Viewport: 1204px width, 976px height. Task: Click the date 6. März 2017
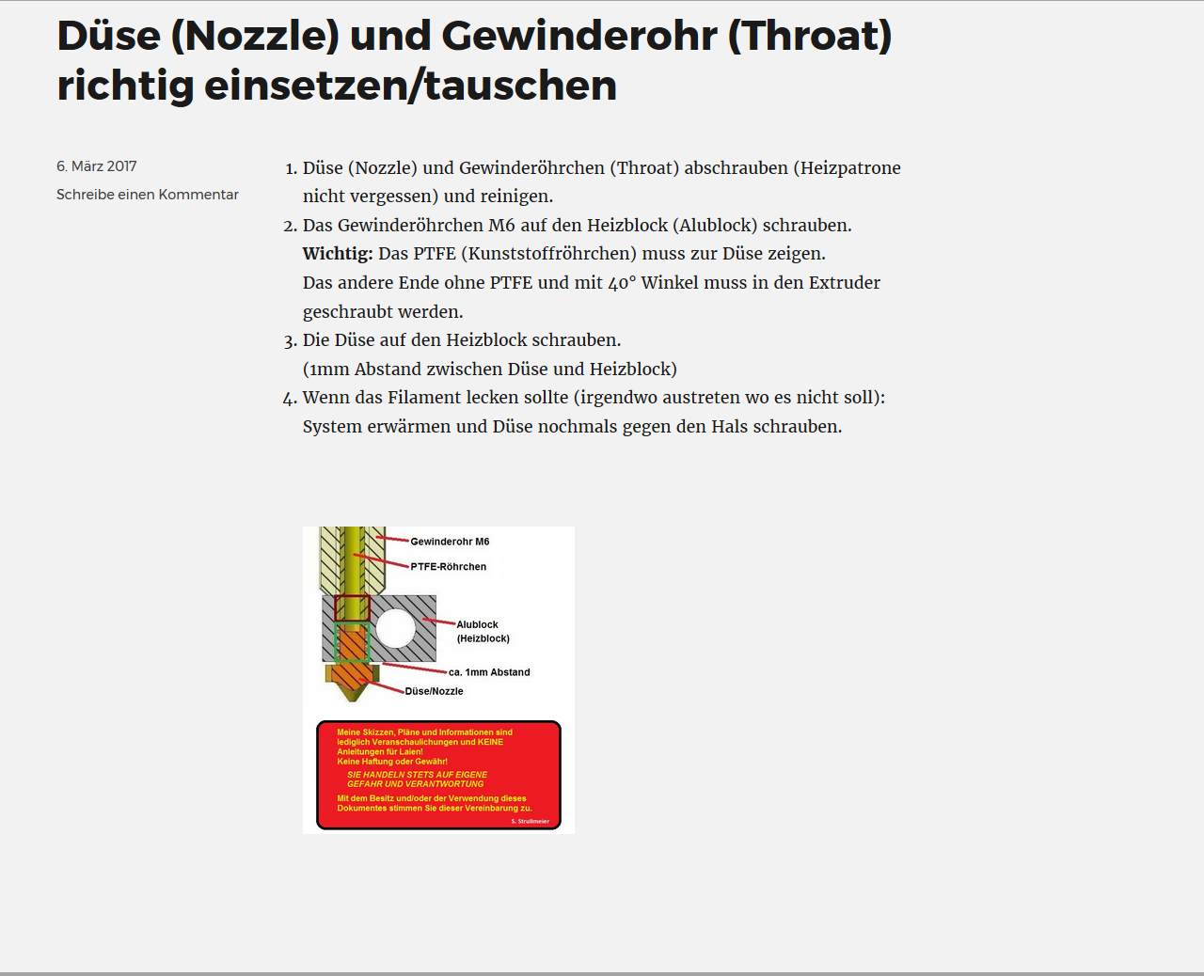coord(96,166)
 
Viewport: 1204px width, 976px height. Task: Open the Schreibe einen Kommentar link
coord(147,195)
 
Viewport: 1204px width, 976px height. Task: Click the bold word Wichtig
coord(337,254)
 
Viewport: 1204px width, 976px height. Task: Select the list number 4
coord(290,399)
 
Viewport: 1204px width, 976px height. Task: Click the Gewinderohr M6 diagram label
coord(450,542)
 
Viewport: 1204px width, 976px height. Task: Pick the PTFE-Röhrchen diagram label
coord(448,567)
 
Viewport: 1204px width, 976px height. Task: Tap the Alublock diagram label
coord(478,624)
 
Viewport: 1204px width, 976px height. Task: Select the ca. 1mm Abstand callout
coord(489,672)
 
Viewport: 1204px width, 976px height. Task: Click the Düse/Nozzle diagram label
coord(434,691)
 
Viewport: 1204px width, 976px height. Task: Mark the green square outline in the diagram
coord(353,642)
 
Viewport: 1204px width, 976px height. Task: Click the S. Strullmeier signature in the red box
coord(530,821)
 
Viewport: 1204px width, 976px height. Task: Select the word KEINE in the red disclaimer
coord(490,742)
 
